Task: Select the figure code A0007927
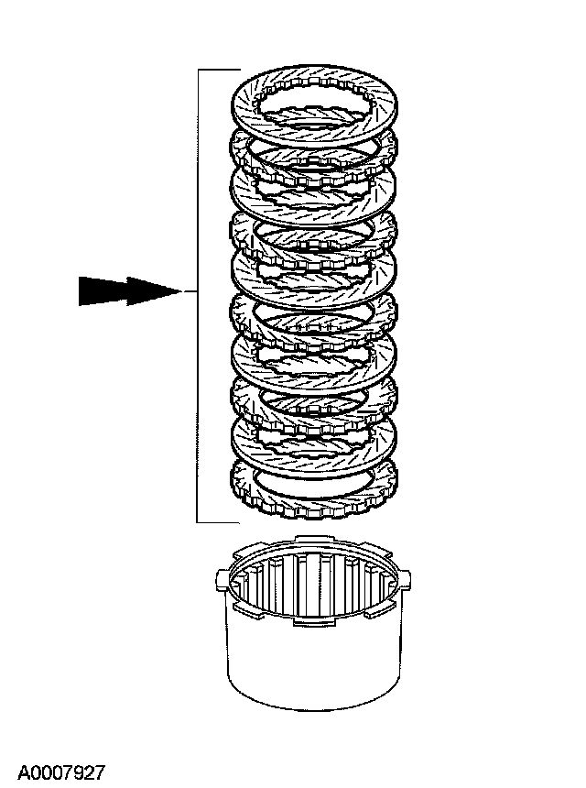coord(61,772)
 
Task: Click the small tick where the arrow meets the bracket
coord(190,291)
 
